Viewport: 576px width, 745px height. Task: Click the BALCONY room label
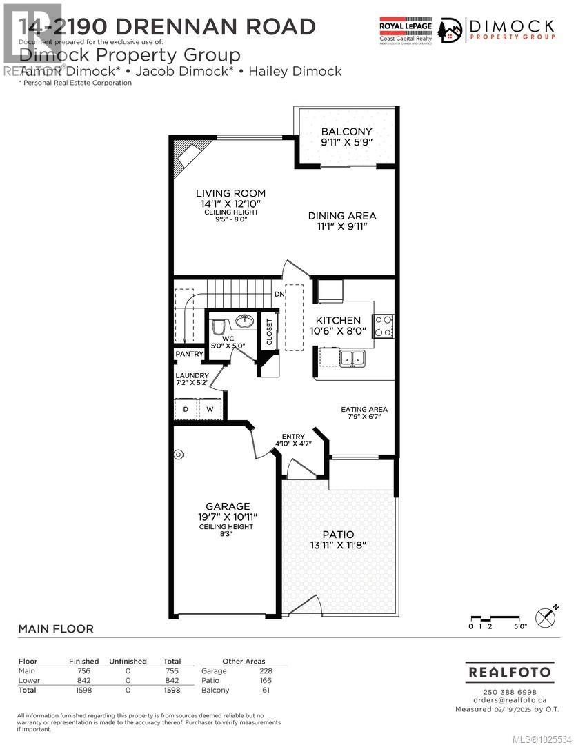346,132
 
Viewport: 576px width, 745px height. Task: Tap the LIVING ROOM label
230,193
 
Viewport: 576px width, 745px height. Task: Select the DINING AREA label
341,215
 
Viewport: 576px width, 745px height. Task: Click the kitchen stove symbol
383,325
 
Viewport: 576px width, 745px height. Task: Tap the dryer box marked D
186,410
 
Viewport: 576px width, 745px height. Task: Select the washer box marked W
210,410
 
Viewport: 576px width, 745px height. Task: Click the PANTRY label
189,355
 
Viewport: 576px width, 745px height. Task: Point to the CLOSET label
269,332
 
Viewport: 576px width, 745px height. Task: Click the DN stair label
279,295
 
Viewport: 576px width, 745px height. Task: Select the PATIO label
338,535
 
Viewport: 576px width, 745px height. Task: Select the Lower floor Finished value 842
83,680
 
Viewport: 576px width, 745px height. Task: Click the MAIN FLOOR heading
55,628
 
